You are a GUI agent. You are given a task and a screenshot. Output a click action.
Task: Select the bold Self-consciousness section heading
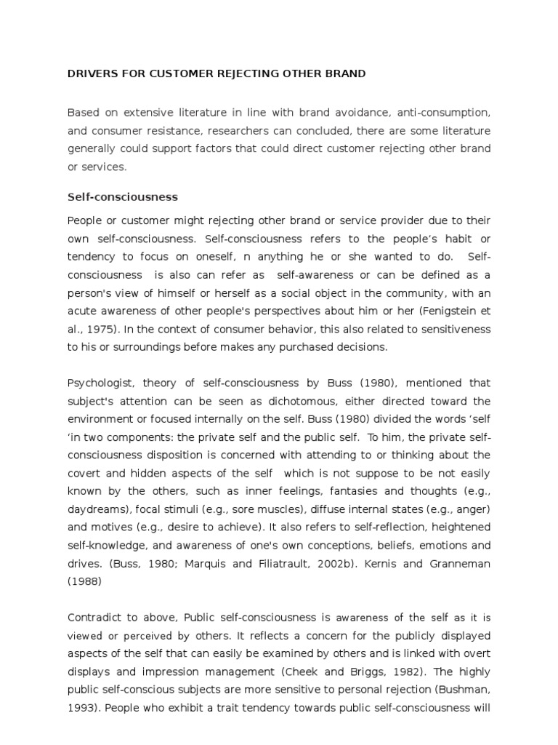(122, 196)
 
